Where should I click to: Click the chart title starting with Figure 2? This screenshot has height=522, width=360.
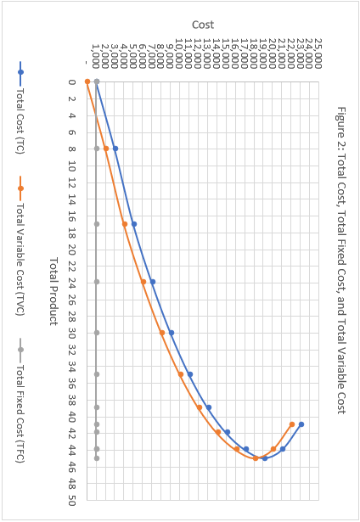click(x=340, y=260)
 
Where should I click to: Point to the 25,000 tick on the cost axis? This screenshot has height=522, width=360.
click(x=318, y=53)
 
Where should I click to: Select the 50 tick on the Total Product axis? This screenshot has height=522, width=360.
click(x=72, y=499)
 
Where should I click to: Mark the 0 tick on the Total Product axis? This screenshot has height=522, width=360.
click(x=72, y=82)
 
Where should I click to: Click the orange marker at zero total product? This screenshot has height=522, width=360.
click(x=87, y=81)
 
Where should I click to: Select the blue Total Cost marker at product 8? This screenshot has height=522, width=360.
click(x=115, y=149)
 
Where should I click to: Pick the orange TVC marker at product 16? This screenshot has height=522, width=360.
click(x=125, y=224)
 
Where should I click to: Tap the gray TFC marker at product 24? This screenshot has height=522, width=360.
click(x=97, y=282)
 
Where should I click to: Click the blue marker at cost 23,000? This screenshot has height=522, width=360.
click(x=301, y=424)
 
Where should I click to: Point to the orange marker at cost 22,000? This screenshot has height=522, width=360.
click(x=292, y=424)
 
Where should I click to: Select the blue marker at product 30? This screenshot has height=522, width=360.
click(x=172, y=333)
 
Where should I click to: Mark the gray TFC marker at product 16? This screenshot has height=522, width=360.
click(x=97, y=224)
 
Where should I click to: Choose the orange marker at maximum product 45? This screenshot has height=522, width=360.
click(x=256, y=458)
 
